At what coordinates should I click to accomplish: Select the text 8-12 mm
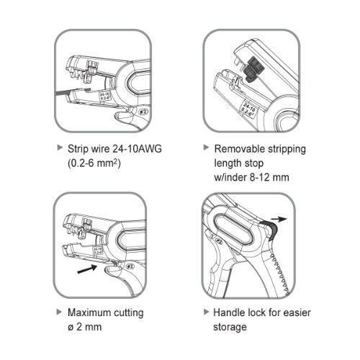(x=269, y=177)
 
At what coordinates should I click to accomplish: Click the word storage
(x=230, y=328)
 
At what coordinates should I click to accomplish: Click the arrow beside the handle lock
(x=279, y=219)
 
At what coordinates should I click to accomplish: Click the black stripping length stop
(x=253, y=69)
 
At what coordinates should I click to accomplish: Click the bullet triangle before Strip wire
(x=60, y=148)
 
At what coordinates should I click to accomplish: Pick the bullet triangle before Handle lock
(x=206, y=312)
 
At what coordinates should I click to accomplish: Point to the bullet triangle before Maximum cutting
(x=59, y=312)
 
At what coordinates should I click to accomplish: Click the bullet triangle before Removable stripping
(x=206, y=147)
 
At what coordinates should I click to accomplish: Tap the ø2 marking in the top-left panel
(x=143, y=112)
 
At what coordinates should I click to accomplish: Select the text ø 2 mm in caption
(x=84, y=327)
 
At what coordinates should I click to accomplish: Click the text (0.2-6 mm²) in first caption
(x=94, y=163)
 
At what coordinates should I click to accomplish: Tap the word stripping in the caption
(x=287, y=150)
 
